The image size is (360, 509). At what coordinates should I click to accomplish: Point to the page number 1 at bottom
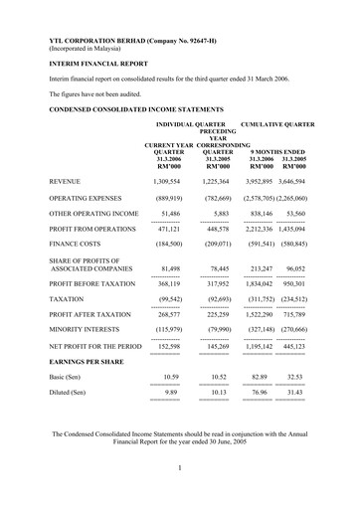(181, 467)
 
